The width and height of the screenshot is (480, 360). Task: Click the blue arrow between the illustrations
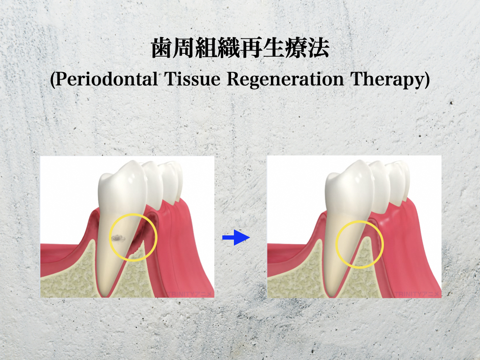click(x=236, y=237)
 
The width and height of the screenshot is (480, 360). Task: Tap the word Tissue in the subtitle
click(x=193, y=79)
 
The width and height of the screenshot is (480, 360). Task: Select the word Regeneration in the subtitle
click(x=285, y=80)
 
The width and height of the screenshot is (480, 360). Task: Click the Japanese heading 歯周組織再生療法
click(x=240, y=48)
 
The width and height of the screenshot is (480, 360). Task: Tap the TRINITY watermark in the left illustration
click(x=190, y=294)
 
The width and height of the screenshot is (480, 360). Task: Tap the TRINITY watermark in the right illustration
click(x=417, y=294)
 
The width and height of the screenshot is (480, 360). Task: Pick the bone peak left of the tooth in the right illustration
click(x=319, y=241)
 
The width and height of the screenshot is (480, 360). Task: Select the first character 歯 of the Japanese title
click(x=162, y=48)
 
